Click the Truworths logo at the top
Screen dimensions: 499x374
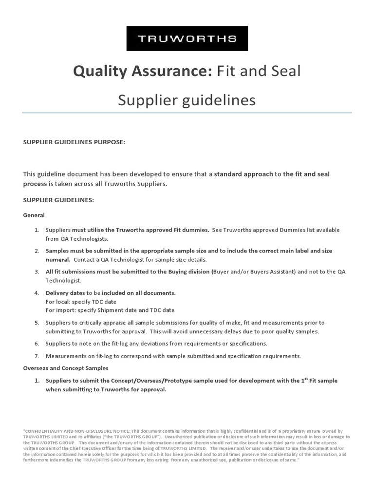pyautogui.click(x=187, y=38)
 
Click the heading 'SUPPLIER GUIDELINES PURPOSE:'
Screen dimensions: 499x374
pyautogui.click(x=74, y=142)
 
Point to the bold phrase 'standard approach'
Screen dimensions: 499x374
pyautogui.click(x=243, y=174)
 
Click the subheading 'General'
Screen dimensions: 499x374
pyautogui.click(x=34, y=215)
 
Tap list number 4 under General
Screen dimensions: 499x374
pyautogui.click(x=37, y=293)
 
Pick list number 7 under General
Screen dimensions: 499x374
pyautogui.click(x=37, y=356)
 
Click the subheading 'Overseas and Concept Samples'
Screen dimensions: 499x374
pyautogui.click(x=66, y=368)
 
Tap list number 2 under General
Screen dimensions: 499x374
pyautogui.click(x=37, y=251)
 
